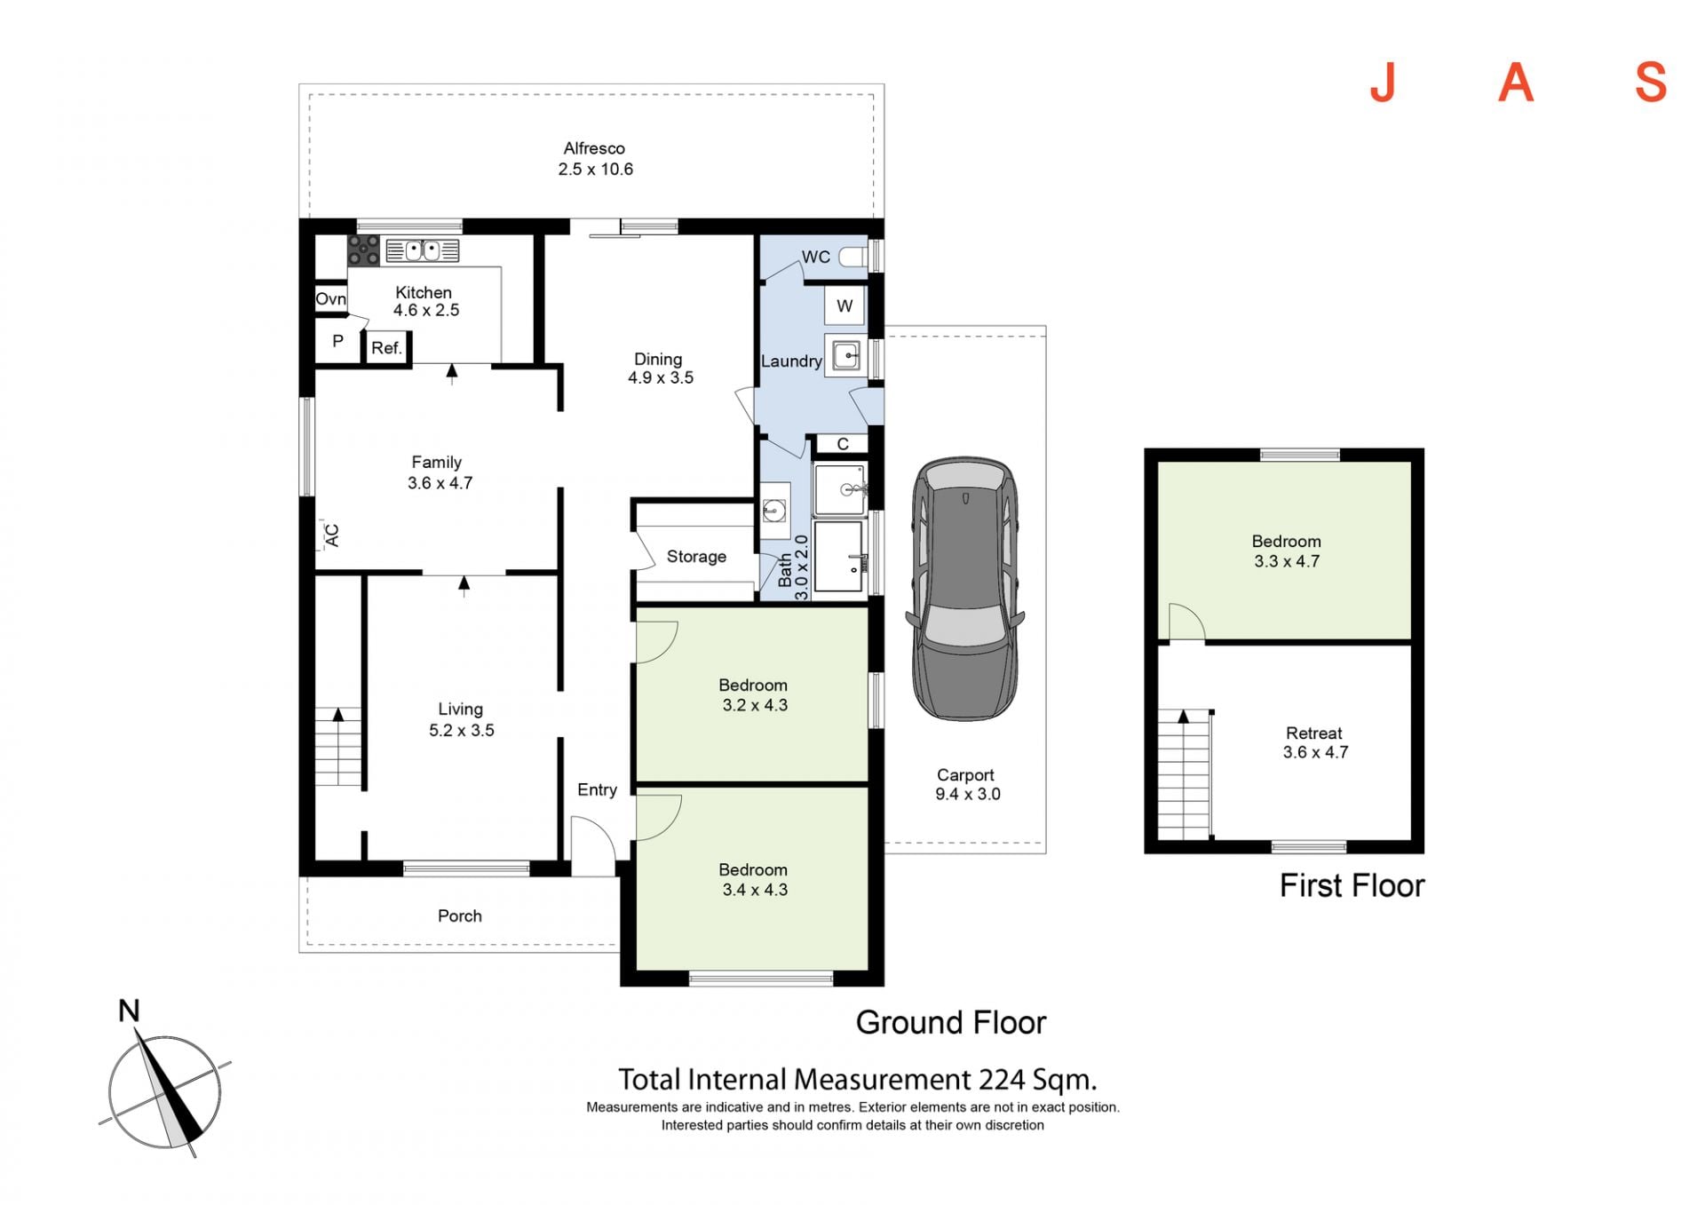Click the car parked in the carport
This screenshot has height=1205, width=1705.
[x=964, y=589]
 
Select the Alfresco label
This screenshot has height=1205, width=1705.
[x=594, y=148]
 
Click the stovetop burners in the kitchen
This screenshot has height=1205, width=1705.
[x=363, y=250]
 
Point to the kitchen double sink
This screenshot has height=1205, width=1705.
[x=423, y=250]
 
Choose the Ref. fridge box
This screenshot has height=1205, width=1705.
[x=387, y=348]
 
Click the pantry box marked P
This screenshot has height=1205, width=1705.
[x=338, y=341]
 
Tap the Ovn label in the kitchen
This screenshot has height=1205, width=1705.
[x=331, y=299]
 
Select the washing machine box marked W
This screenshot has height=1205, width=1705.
[x=845, y=306]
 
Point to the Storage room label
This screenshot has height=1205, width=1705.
[x=696, y=557]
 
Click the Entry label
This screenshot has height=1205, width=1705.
[x=597, y=789]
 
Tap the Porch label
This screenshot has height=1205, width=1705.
[x=460, y=916]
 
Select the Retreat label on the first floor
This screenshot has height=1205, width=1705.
[x=1314, y=733]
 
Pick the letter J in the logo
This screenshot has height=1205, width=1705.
[x=1383, y=83]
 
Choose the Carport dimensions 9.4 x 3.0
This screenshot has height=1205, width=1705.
[x=967, y=794]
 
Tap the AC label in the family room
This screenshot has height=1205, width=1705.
[x=332, y=535]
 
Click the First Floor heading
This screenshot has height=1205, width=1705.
[x=1352, y=885]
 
